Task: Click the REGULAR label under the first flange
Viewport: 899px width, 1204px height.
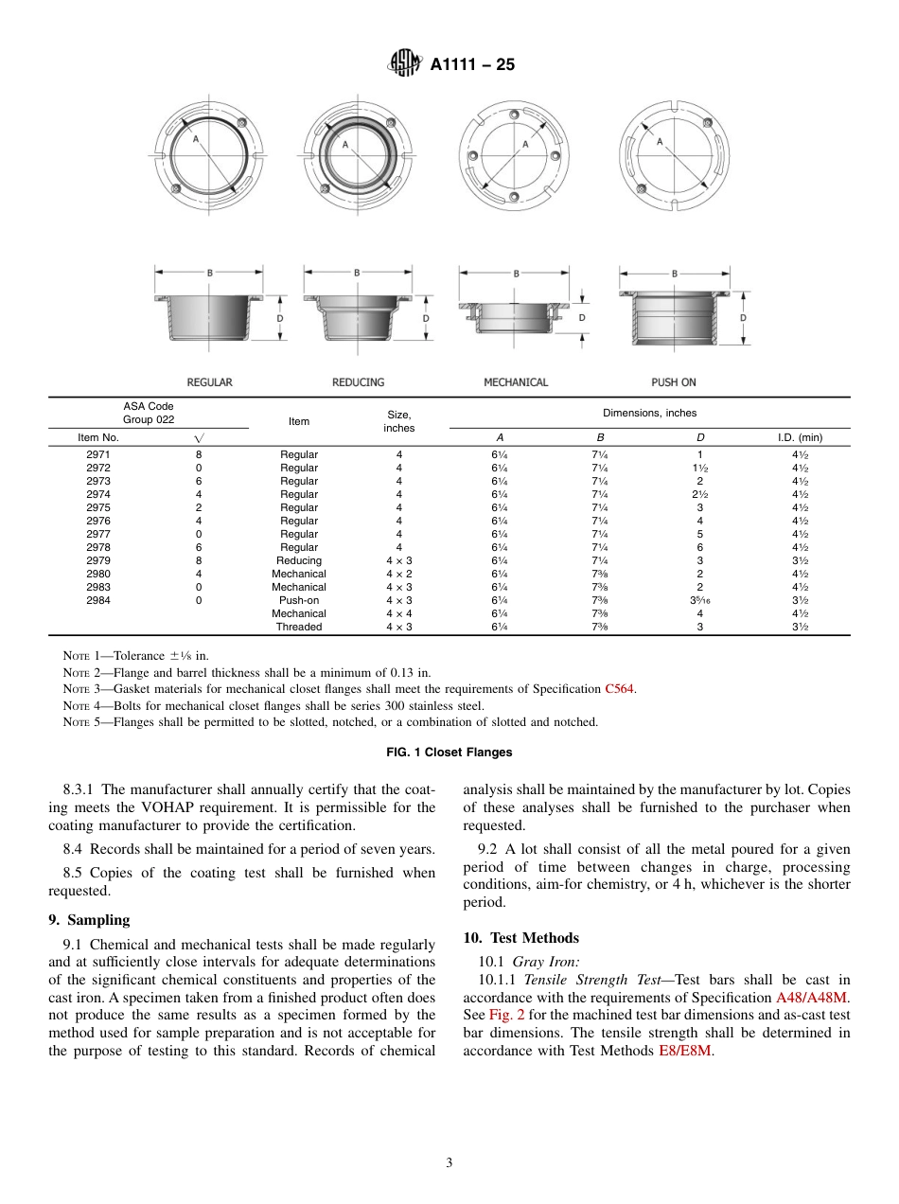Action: click(209, 382)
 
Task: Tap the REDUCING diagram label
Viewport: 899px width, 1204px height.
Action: click(358, 382)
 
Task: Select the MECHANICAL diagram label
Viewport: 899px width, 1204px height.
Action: click(516, 382)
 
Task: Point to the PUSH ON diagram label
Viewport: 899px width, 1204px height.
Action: click(673, 382)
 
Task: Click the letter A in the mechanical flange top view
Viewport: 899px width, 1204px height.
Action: click(524, 145)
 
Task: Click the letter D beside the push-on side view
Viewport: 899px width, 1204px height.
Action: click(743, 318)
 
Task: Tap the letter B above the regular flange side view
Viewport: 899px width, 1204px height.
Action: click(209, 273)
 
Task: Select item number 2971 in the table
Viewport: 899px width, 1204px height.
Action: click(97, 454)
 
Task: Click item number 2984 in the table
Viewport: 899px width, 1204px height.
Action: click(97, 600)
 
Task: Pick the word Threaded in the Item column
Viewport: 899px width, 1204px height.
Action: click(299, 627)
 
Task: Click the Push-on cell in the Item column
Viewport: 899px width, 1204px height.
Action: click(299, 600)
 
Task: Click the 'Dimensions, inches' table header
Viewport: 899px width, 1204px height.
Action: click(649, 414)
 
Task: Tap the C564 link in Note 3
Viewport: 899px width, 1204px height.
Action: click(620, 689)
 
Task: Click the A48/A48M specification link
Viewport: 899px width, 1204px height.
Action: click(813, 998)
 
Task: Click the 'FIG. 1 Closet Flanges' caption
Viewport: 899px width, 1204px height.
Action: click(449, 752)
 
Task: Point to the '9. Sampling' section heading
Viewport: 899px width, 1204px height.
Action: click(89, 920)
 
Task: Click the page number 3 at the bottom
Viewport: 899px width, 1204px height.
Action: click(449, 1162)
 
